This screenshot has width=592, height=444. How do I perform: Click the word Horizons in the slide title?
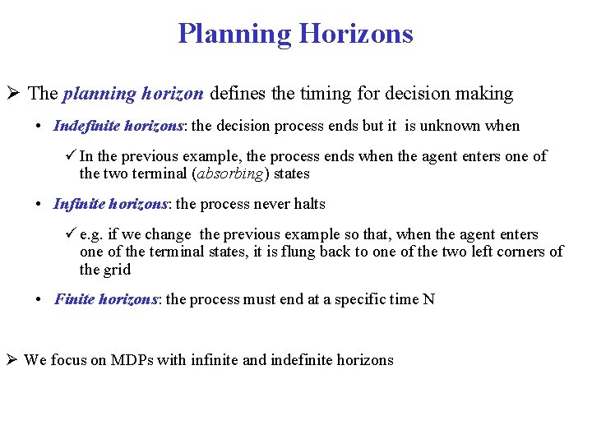356,34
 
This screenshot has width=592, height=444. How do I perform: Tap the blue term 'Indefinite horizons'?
118,126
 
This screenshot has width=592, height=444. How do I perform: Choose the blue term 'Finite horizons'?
106,299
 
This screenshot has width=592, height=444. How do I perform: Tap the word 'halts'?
308,204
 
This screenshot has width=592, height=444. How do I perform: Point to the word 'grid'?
117,269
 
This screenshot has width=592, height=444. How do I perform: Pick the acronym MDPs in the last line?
136,359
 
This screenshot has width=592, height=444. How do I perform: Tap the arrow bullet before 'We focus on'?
13,359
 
